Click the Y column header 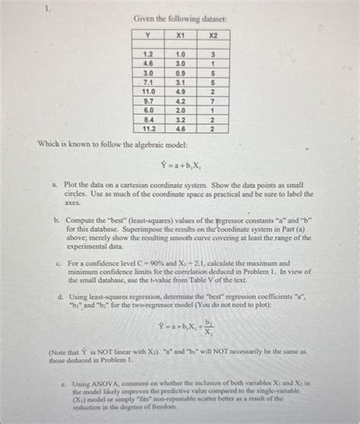[x=149, y=35]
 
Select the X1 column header [x=181, y=35]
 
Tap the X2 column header [x=213, y=35]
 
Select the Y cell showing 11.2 [x=149, y=129]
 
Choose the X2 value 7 [x=213, y=100]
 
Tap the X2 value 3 [x=213, y=54]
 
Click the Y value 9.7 [x=149, y=100]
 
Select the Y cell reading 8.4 [x=149, y=119]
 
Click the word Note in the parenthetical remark [x=62, y=352]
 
